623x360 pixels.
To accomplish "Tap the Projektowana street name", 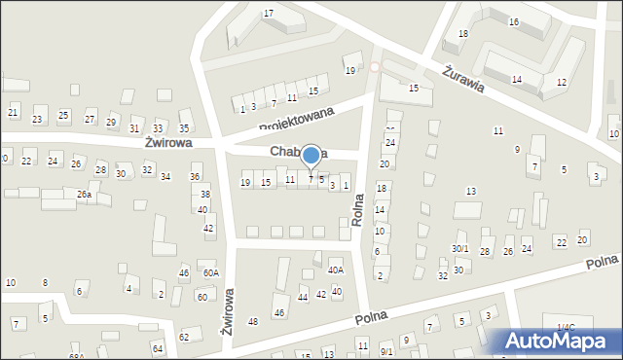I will (296, 120).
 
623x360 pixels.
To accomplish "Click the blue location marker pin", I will (311, 156).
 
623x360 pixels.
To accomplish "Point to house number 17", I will (268, 13).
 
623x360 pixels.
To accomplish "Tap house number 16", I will (513, 21).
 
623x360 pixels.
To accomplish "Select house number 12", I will (561, 82).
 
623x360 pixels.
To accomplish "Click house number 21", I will (13, 113).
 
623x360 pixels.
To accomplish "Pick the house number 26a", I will (85, 195).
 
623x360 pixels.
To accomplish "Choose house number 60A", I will (210, 273).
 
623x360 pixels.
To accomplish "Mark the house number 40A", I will (335, 270).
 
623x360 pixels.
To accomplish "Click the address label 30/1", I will (460, 249).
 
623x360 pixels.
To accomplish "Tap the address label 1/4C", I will (566, 327).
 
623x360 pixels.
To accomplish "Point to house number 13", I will (471, 191).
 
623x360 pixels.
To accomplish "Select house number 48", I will (253, 321).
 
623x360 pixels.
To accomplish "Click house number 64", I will (157, 347).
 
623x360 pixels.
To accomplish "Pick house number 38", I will (204, 194).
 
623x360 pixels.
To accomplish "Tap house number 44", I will (303, 297).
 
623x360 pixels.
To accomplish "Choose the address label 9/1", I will (386, 351).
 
